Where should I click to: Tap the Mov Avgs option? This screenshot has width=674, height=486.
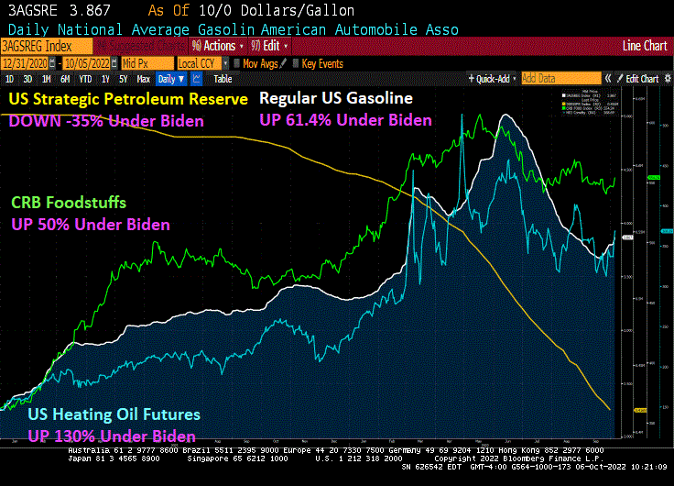click(x=258, y=63)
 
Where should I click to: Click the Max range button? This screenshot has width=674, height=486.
click(x=143, y=79)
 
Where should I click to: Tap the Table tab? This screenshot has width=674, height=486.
click(x=223, y=79)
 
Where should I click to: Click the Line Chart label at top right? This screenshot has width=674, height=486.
click(x=644, y=46)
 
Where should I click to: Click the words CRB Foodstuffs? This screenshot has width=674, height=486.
click(x=68, y=203)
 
